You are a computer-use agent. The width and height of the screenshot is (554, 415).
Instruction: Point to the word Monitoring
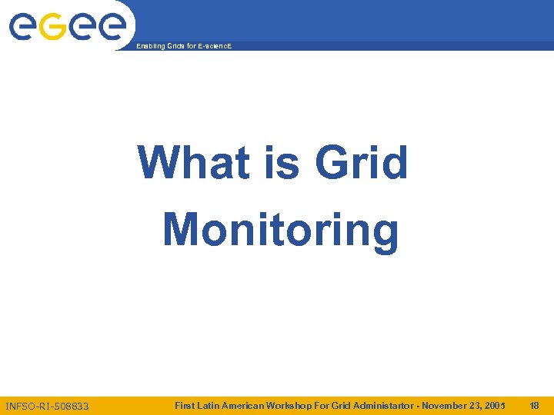point(281,231)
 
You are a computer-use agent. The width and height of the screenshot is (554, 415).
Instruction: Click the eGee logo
point(67,28)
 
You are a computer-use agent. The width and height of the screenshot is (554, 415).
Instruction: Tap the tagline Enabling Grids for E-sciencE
point(183,47)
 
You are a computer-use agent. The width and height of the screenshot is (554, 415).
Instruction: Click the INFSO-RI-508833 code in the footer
point(47,406)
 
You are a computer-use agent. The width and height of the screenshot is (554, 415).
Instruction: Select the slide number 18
point(534,405)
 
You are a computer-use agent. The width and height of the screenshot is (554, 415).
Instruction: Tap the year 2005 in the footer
point(495,405)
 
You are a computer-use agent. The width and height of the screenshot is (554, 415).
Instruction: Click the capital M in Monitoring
point(182,230)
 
